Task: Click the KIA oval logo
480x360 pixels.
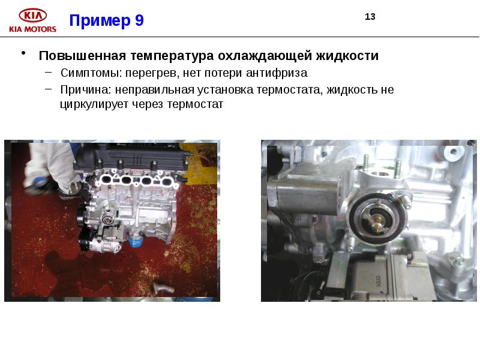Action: (33, 16)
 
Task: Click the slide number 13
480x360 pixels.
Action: (370, 17)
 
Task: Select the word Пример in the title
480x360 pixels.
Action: (100, 20)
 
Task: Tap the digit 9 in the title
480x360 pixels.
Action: (139, 20)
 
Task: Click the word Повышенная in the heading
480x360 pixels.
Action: (82, 56)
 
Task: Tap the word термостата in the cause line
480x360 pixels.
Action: (289, 90)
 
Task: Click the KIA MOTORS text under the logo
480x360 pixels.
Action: (33, 29)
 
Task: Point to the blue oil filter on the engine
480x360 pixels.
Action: (134, 241)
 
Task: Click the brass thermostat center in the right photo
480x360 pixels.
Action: (378, 222)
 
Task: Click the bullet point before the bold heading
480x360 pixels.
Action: (23, 53)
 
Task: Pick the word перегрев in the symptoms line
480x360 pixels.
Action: (153, 73)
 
